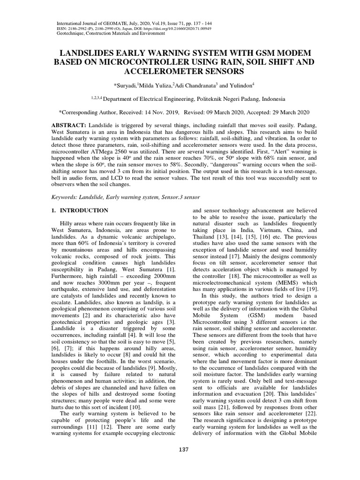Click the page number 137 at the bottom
[183, 450]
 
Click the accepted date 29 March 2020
[281, 112]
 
